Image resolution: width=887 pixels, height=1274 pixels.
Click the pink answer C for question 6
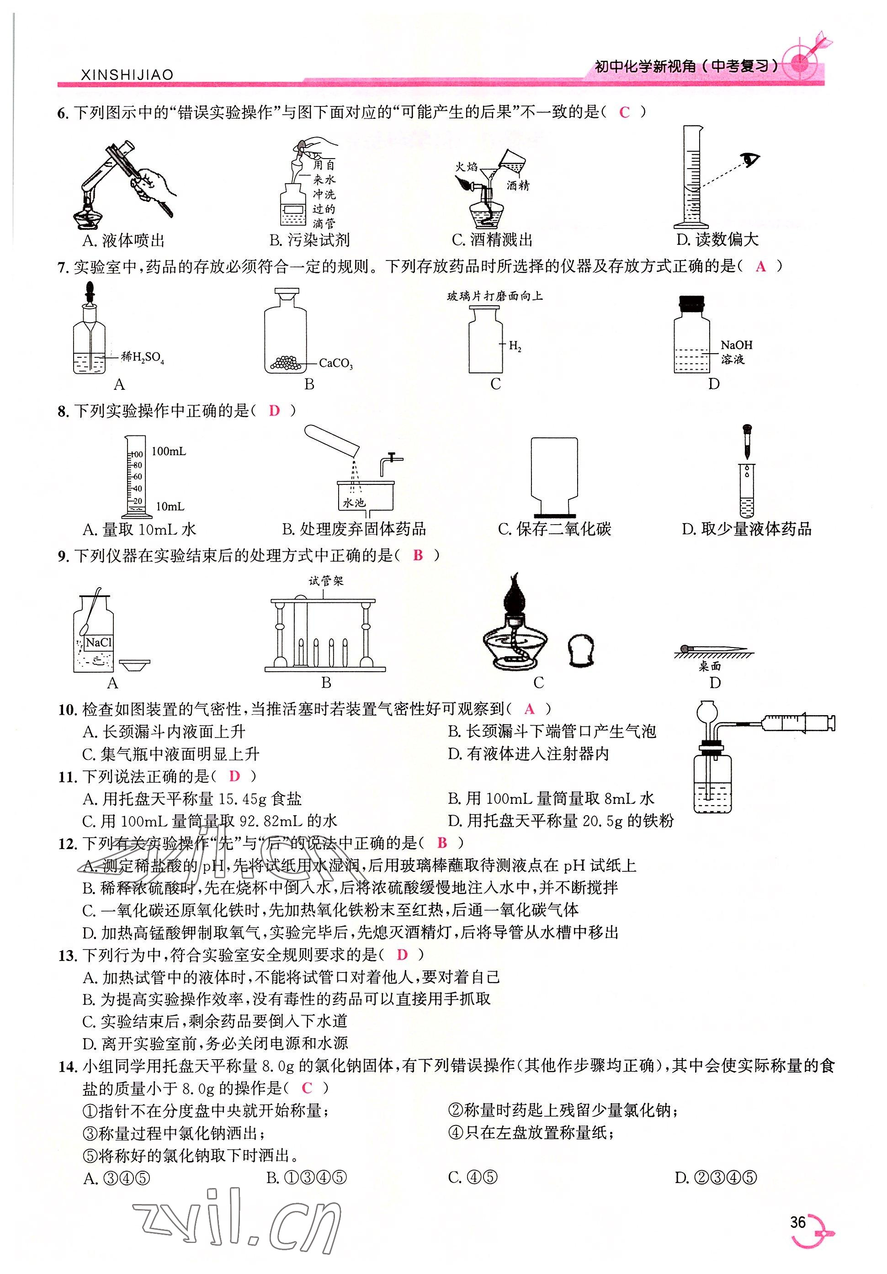[x=624, y=112]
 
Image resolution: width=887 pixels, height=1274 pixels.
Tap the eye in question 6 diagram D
[x=752, y=160]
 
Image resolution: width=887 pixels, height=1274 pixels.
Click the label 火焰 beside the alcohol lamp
[x=466, y=166]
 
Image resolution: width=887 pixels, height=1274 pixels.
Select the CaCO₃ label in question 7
[x=336, y=363]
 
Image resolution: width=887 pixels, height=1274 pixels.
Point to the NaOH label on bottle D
[x=736, y=345]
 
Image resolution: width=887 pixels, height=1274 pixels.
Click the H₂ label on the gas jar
[x=515, y=346]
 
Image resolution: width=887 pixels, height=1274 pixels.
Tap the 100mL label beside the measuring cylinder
[x=169, y=451]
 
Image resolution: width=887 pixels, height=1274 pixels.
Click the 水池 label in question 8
[x=354, y=503]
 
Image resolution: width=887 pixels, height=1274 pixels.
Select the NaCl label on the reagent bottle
[x=99, y=642]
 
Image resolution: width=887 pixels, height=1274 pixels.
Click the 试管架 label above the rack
[x=326, y=581]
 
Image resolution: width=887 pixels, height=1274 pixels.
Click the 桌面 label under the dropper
[x=709, y=666]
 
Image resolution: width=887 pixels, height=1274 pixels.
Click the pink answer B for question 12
[x=442, y=842]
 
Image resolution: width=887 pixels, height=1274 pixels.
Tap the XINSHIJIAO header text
[x=127, y=75]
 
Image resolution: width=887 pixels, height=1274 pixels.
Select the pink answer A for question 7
[x=760, y=267]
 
